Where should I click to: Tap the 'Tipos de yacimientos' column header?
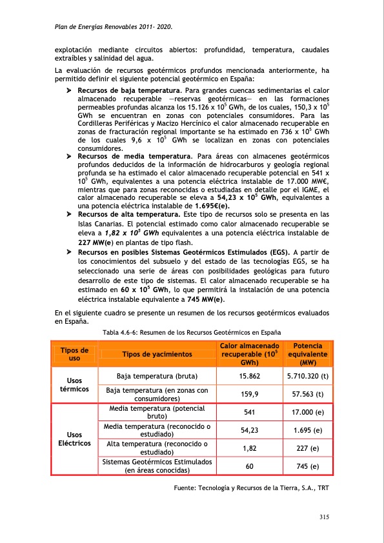click(157, 354)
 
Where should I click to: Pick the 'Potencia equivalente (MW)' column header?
click(307, 354)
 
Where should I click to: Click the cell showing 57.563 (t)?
click(307, 394)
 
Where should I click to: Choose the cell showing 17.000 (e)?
click(307, 412)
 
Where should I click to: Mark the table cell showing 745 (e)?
click(307, 466)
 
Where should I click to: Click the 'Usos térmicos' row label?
click(74, 385)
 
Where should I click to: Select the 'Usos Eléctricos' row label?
click(74, 439)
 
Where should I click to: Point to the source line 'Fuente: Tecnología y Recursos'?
click(252, 488)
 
